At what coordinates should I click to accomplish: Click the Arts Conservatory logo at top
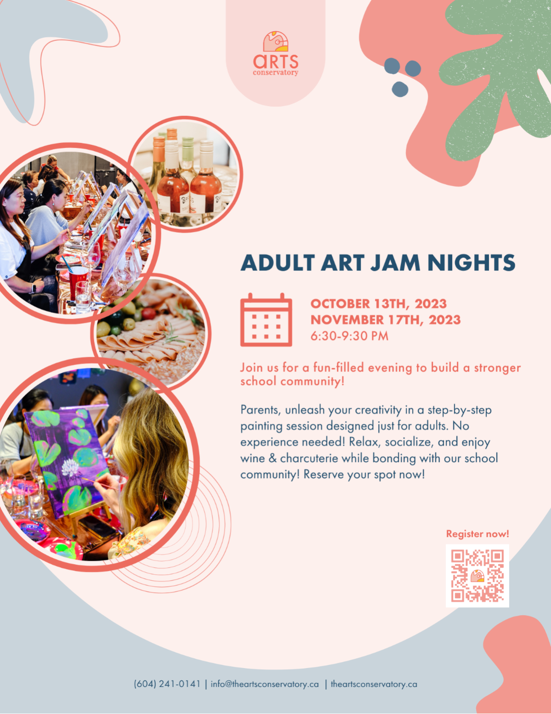(276, 53)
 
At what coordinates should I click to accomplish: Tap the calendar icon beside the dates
(266, 320)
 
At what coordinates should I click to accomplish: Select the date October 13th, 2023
(378, 303)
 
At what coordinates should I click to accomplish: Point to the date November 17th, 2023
(386, 320)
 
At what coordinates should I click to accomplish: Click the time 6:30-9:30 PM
(349, 336)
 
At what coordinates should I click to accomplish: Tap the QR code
(477, 576)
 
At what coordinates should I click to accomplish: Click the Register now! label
(477, 534)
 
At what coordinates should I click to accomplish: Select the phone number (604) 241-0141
(167, 684)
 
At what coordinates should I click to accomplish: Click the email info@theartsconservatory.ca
(265, 684)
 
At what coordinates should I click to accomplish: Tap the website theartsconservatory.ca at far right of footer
(374, 684)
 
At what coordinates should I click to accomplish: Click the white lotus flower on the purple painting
(72, 467)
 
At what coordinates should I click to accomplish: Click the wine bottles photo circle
(185, 174)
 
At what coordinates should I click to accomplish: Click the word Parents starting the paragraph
(261, 410)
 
